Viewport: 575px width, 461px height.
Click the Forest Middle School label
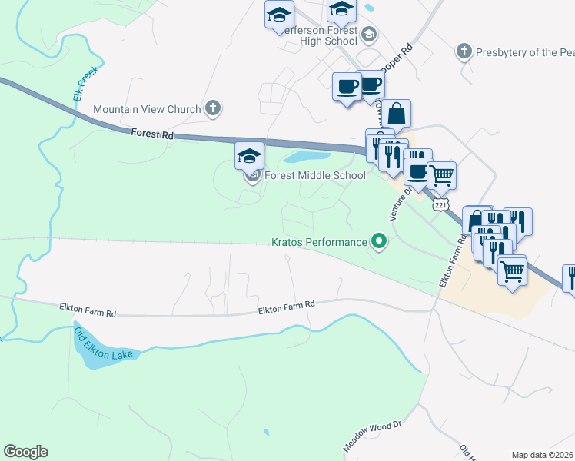315,175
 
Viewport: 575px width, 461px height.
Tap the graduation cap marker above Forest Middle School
249,156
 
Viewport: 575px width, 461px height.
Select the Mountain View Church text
147,109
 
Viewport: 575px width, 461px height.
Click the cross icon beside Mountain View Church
213,109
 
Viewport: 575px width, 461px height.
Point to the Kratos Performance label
319,242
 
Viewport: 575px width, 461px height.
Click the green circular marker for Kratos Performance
378,242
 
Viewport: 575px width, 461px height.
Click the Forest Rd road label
151,134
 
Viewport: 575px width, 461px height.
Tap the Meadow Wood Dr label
373,435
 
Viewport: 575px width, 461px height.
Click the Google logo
25,452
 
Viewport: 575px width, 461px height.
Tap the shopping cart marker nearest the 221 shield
441,175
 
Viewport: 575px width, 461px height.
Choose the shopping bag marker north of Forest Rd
397,113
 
